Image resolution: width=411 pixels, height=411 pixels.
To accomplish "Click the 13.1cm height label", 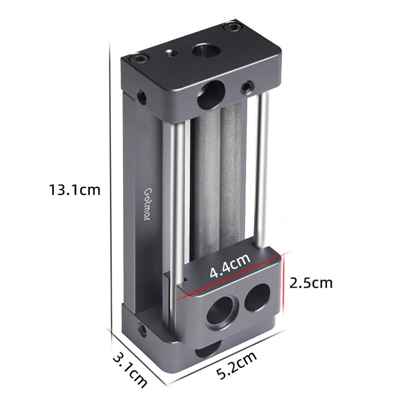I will pyautogui.click(x=74, y=190).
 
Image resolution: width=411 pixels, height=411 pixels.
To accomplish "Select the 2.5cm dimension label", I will pyautogui.click(x=311, y=283).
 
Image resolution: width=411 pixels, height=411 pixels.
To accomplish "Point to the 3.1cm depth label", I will pyautogui.click(x=129, y=369).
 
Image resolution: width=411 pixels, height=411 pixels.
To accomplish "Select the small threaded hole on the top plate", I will pyautogui.click(x=169, y=53).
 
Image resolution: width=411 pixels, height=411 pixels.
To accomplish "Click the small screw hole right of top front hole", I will pyautogui.click(x=247, y=87).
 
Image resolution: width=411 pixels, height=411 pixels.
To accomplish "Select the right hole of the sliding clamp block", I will pyautogui.click(x=258, y=297).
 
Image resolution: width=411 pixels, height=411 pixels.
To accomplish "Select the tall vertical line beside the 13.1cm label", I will pyautogui.click(x=109, y=185).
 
